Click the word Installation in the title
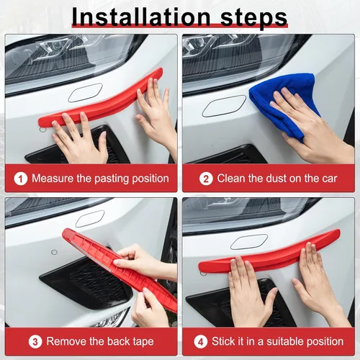[141, 17]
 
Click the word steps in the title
[254, 18]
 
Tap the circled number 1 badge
[21, 179]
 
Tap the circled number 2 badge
[206, 179]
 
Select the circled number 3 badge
[35, 342]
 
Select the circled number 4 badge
[201, 342]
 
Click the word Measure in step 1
[53, 179]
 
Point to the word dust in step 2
[276, 179]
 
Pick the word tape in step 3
[143, 342]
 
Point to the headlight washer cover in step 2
[224, 106]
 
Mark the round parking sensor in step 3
[55, 252]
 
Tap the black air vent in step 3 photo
[89, 281]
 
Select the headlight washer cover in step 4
[249, 241]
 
